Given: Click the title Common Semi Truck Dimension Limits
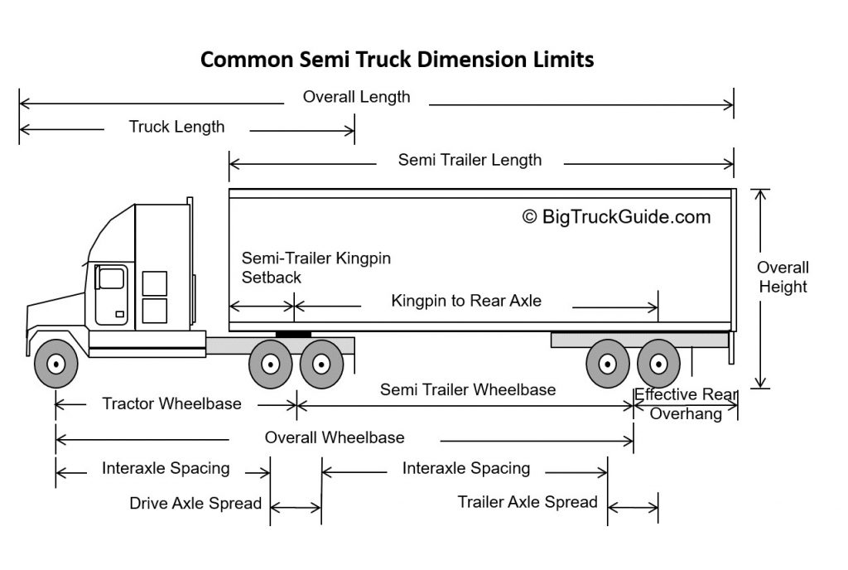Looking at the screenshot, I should tap(397, 60).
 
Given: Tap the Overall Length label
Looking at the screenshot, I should tap(356, 97).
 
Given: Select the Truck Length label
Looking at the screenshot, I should tap(176, 127).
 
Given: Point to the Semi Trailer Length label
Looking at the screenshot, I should tap(470, 160).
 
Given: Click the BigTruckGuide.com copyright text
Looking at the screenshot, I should tap(616, 217).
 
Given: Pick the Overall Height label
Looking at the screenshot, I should tap(783, 278).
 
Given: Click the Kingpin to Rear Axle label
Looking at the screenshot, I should tap(466, 301).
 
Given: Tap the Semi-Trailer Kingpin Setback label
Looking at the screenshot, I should tap(316, 268).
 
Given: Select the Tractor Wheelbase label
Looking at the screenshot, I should tap(171, 404).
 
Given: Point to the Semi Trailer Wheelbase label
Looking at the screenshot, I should tap(468, 389).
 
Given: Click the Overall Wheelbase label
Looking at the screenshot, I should tap(335, 437).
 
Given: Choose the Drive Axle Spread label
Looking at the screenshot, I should tap(195, 503).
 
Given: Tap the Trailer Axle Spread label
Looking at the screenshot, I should tap(528, 502).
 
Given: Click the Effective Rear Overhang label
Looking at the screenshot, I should tap(686, 404).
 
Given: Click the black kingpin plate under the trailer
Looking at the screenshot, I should tap(293, 333).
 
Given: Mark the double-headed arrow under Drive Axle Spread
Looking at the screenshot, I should tap(296, 507).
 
